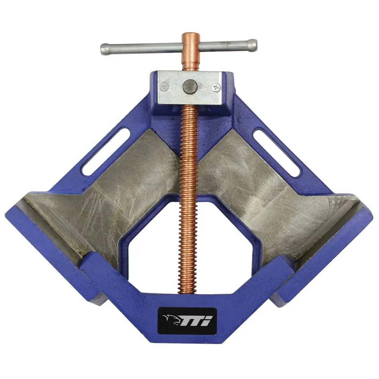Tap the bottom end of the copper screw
[186, 290]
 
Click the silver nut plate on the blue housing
[189, 88]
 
